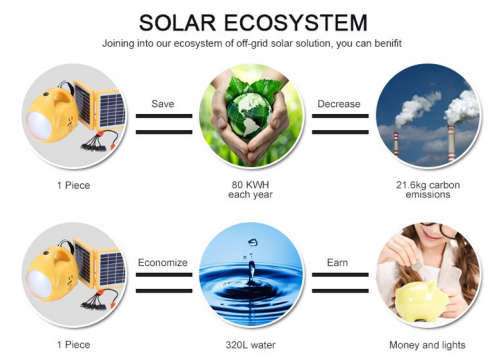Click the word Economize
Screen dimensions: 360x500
[164, 262]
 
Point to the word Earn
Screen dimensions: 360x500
[337, 262]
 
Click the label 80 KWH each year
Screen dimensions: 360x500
[250, 190]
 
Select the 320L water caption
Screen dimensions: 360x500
[250, 344]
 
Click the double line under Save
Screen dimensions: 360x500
[163, 123]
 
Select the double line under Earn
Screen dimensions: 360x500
[337, 283]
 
